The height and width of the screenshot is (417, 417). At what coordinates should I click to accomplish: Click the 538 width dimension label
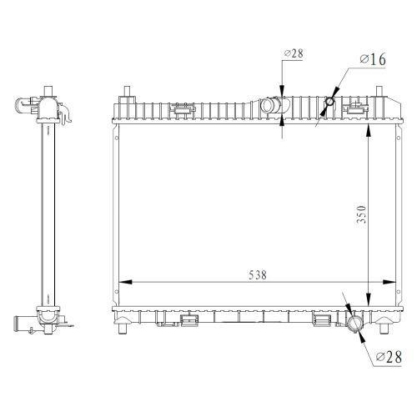[x=258, y=275]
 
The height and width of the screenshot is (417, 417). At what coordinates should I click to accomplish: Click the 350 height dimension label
[x=362, y=214]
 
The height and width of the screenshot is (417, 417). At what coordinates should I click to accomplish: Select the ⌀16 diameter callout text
[x=373, y=59]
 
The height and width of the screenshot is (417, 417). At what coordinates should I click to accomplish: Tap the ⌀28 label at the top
[x=294, y=53]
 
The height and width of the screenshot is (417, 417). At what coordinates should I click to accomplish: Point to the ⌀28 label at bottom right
[x=389, y=357]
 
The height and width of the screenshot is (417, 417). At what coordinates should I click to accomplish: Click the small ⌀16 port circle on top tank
[x=329, y=102]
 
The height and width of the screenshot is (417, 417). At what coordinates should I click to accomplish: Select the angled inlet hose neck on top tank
[x=269, y=105]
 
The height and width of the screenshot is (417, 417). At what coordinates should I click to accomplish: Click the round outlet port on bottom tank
[x=355, y=324]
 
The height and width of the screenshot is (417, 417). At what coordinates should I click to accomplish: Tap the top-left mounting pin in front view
[x=127, y=92]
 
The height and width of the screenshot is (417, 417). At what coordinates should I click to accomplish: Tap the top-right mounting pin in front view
[x=379, y=91]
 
